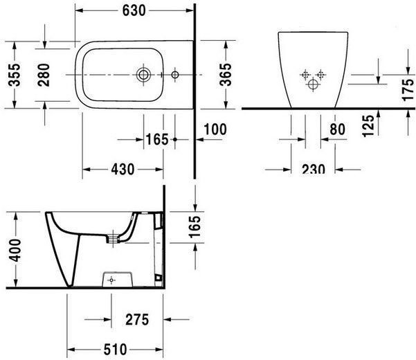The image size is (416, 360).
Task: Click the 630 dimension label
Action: pyautogui.click(x=134, y=10)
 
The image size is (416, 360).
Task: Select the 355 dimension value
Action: pyautogui.click(x=14, y=75)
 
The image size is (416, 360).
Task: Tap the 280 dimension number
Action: pyautogui.click(x=44, y=75)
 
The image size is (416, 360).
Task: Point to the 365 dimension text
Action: pyautogui.click(x=226, y=75)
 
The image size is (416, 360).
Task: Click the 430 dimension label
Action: pyautogui.click(x=123, y=169)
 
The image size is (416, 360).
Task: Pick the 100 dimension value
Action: pyautogui.click(x=215, y=129)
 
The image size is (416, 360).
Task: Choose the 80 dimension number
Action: pyautogui.click(x=338, y=129)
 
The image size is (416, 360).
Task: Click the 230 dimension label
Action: pyautogui.click(x=314, y=169)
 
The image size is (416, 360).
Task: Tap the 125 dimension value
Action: pyautogui.click(x=369, y=126)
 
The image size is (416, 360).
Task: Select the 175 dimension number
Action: pyautogui.click(x=408, y=90)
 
